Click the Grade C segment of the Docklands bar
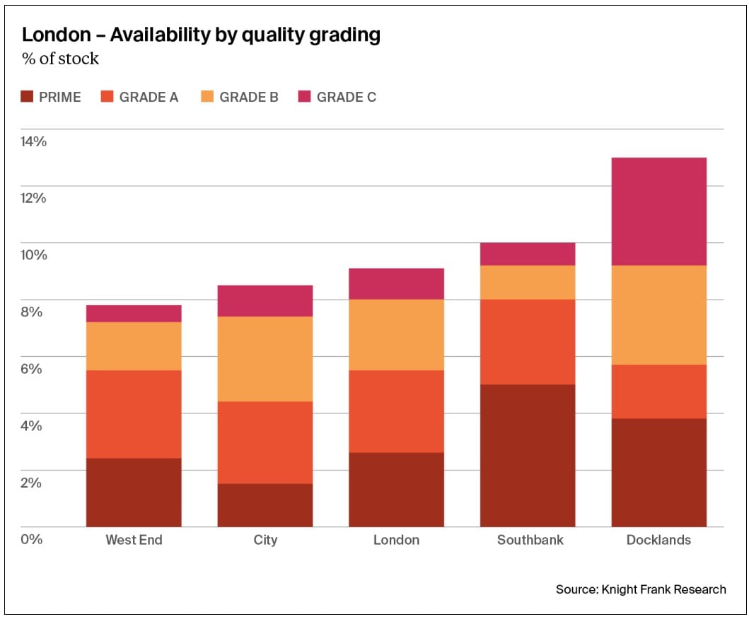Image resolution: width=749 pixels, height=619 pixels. click(658, 211)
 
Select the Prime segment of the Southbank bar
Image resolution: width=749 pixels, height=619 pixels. click(528, 456)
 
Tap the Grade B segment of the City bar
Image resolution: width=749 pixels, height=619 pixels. click(265, 359)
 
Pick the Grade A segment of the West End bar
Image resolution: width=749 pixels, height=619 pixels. click(134, 414)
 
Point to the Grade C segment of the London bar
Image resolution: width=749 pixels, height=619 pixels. click(396, 284)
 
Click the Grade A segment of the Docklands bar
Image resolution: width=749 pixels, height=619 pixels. click(658, 391)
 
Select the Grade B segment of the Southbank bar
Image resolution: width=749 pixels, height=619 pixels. click(528, 283)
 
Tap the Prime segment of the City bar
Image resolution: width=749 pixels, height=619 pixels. click(265, 505)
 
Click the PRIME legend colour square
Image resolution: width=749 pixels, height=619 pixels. click(27, 97)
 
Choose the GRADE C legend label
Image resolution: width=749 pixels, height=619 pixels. click(346, 98)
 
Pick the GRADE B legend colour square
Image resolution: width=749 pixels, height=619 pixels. click(207, 97)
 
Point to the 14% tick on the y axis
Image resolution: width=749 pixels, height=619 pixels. click(33, 141)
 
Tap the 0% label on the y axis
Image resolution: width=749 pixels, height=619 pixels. click(32, 539)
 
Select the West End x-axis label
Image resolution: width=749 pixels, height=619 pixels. click(134, 540)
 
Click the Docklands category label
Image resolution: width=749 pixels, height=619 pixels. click(658, 540)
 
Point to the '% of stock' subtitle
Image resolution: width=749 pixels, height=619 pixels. click(60, 59)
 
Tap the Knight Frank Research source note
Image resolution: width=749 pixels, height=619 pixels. click(641, 589)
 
